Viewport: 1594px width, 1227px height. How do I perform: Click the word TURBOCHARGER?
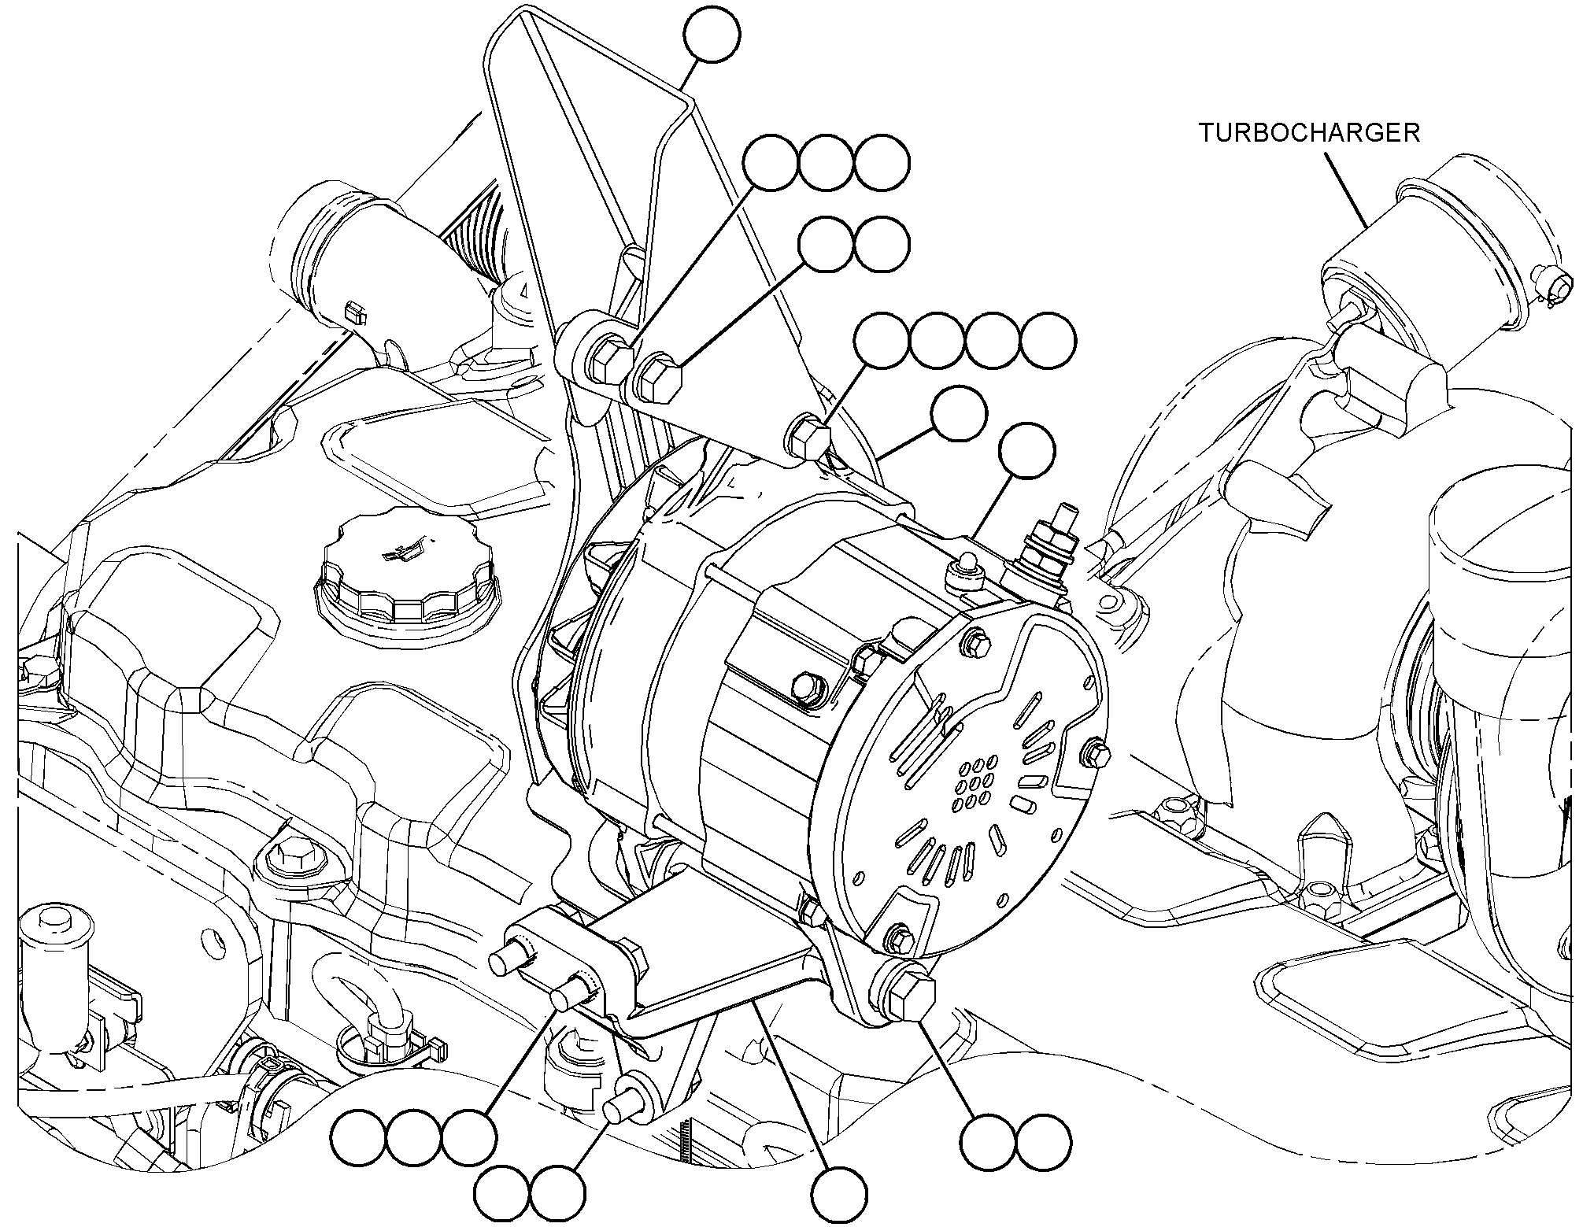pyautogui.click(x=1309, y=132)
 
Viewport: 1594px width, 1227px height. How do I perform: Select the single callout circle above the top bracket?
pyautogui.click(x=712, y=35)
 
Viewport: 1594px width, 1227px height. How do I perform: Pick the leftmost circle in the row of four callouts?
pyautogui.click(x=882, y=341)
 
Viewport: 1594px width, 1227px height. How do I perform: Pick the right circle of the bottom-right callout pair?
pyautogui.click(x=1044, y=1141)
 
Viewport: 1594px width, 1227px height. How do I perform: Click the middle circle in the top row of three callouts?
pyautogui.click(x=827, y=164)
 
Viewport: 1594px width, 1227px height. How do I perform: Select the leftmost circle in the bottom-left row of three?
pyautogui.click(x=359, y=1138)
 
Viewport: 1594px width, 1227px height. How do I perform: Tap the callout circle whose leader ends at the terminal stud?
pyautogui.click(x=1027, y=451)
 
